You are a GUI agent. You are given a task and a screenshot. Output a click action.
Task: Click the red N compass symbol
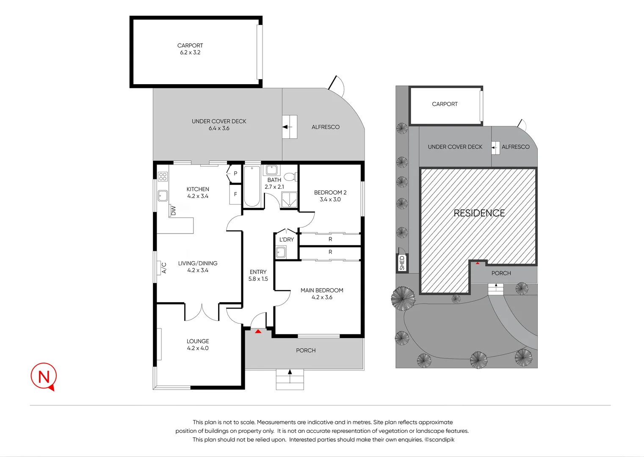click(x=44, y=376)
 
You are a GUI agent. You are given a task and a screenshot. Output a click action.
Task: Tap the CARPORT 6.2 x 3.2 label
click(x=190, y=49)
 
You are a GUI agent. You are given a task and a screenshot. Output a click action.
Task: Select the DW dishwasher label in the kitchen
click(x=173, y=210)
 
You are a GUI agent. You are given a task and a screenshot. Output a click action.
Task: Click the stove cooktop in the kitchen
click(x=163, y=176)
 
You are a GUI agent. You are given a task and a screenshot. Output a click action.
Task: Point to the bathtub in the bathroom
click(x=252, y=187)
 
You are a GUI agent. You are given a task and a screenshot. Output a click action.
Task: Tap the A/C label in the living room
click(x=164, y=267)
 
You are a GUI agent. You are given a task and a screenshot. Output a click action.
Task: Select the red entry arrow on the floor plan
click(x=258, y=331)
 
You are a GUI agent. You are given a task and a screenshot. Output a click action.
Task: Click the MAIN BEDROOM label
click(x=322, y=294)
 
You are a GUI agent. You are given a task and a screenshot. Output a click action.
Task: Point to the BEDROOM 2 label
click(x=330, y=195)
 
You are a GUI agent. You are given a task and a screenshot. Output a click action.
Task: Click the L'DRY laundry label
click(x=287, y=240)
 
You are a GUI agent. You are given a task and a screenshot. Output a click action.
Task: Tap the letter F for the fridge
click(x=235, y=195)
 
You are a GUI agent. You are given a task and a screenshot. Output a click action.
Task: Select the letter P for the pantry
click(x=235, y=173)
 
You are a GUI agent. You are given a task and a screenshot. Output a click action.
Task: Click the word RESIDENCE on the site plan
click(x=479, y=213)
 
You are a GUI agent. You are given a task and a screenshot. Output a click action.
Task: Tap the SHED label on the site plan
click(x=402, y=263)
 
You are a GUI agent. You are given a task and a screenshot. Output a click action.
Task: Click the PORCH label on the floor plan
click(x=306, y=350)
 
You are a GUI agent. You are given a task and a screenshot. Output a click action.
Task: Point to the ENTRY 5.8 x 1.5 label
click(x=258, y=275)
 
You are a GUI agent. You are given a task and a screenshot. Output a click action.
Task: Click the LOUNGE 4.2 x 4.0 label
click(x=198, y=344)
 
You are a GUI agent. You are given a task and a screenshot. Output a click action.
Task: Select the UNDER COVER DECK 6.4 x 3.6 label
click(x=219, y=124)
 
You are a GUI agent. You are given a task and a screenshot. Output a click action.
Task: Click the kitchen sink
click(x=163, y=195)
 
